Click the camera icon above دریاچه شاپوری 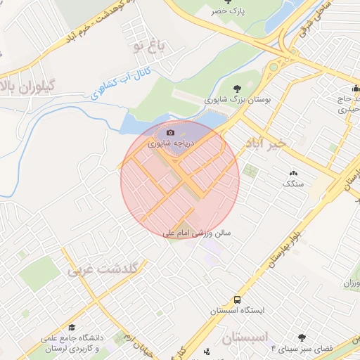[170, 132]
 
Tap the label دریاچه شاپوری [170, 143]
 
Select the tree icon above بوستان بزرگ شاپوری [237, 89]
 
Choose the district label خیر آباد [266, 143]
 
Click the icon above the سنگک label [293, 173]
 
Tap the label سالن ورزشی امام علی [198, 232]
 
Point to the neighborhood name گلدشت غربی [105, 268]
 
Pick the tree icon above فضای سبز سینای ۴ [302, 338]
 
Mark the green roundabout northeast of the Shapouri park [273, 67]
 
